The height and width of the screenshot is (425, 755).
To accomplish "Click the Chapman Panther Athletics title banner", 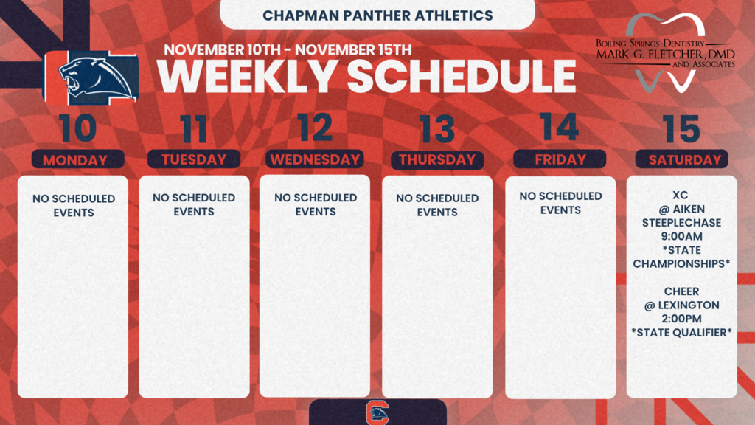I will [x=377, y=15].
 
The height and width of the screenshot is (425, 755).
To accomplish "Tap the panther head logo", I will [x=91, y=77].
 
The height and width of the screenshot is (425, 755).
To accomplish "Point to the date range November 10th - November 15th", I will [x=287, y=50].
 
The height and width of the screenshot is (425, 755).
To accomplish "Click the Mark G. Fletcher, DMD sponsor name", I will [x=665, y=55].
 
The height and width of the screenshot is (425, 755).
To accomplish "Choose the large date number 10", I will [x=77, y=128].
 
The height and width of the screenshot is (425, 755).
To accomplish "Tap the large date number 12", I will [x=316, y=128].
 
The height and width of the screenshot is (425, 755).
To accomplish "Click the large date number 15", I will [x=681, y=129].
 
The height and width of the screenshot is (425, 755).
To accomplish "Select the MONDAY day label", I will [x=74, y=160].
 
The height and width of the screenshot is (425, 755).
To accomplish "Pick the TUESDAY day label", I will [x=194, y=159].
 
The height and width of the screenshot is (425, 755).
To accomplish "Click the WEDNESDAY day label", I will [x=315, y=159].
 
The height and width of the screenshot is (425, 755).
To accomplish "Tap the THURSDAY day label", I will [x=437, y=159].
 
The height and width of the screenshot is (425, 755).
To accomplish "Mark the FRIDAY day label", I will [x=560, y=159].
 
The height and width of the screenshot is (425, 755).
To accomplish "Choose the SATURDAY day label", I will [x=681, y=159].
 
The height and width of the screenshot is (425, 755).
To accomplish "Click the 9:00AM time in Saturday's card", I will [x=681, y=236].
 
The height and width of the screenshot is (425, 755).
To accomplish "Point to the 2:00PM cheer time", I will [x=681, y=319].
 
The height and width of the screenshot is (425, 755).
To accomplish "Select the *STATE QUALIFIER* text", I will [x=681, y=333].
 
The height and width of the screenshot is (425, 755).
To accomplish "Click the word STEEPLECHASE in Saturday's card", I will [x=681, y=222].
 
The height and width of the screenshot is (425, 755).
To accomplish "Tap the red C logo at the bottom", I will [x=377, y=413].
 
